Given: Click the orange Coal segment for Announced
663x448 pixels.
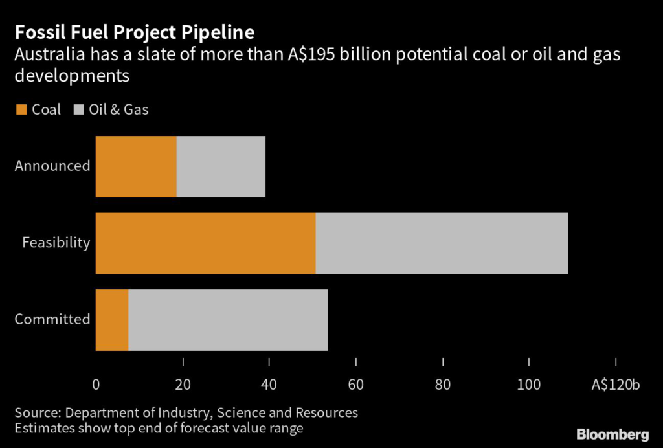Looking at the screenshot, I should [x=136, y=166].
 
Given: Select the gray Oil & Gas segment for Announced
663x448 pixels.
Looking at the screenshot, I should [x=221, y=166].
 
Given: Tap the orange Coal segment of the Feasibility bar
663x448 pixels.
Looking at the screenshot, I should [x=205, y=243].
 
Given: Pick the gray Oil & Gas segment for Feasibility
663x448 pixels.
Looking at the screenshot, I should [x=442, y=243].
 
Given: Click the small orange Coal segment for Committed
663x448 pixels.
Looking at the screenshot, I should [x=112, y=320].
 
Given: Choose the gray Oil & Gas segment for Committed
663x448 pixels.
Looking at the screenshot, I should [x=228, y=320].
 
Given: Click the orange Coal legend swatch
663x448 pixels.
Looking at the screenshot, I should [x=21, y=110].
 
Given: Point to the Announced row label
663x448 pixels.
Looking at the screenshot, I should [x=52, y=166].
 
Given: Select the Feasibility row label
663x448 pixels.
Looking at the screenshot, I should [x=56, y=243].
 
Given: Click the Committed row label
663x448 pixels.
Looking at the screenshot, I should [x=52, y=319].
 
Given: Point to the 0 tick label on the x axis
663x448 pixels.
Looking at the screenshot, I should [x=96, y=385].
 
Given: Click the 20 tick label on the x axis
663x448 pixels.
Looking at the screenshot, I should [x=183, y=385].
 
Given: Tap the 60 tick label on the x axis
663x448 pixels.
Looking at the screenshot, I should [x=356, y=385].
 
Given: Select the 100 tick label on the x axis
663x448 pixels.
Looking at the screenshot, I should [x=529, y=385].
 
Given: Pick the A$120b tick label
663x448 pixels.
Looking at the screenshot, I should [x=615, y=385].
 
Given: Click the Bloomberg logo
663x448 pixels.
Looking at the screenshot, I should [x=612, y=433].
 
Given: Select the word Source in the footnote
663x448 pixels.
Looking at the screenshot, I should [x=36, y=412].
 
